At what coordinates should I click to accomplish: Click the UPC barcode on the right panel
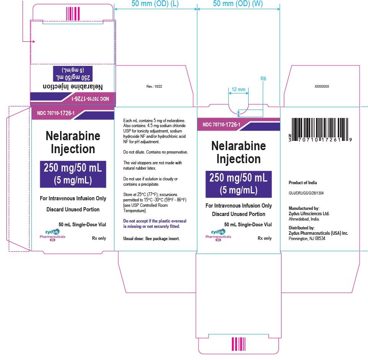320,130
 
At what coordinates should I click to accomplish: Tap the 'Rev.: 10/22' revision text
154,87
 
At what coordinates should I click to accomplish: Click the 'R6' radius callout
263,79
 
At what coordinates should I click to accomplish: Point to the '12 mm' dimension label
238,89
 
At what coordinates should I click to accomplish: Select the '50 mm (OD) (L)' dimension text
155,3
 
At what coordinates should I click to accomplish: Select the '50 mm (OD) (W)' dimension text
238,3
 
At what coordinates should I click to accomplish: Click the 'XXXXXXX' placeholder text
322,87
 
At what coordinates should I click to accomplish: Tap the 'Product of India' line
303,183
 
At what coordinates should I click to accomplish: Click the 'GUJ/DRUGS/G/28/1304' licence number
306,193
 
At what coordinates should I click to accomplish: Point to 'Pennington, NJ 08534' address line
307,239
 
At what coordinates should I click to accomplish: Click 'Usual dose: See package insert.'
151,239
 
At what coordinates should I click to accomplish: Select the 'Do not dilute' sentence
156,152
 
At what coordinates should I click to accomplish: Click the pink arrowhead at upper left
34,42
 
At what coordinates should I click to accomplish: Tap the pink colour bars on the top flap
73,14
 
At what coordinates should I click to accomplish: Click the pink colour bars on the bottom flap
238,344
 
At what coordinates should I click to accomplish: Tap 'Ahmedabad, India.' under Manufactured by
304,219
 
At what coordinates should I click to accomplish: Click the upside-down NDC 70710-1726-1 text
90,99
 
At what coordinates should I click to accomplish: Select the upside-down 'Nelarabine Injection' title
73,87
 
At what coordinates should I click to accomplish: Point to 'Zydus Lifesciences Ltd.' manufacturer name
309,214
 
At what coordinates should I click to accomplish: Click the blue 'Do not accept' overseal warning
155,224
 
